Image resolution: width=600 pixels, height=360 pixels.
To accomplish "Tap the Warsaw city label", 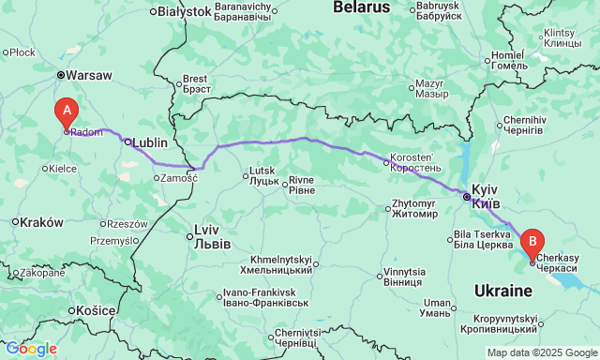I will click(x=90, y=75).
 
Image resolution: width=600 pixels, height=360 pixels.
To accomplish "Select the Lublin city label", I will click(x=150, y=142).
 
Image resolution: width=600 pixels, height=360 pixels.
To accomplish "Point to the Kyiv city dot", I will click(x=466, y=196).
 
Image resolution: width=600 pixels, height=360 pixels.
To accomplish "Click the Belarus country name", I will click(x=361, y=7).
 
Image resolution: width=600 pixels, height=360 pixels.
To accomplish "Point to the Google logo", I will click(x=30, y=348).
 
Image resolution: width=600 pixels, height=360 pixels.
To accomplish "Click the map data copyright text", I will click(x=542, y=352).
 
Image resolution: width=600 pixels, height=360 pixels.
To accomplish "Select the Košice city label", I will click(x=96, y=310).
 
